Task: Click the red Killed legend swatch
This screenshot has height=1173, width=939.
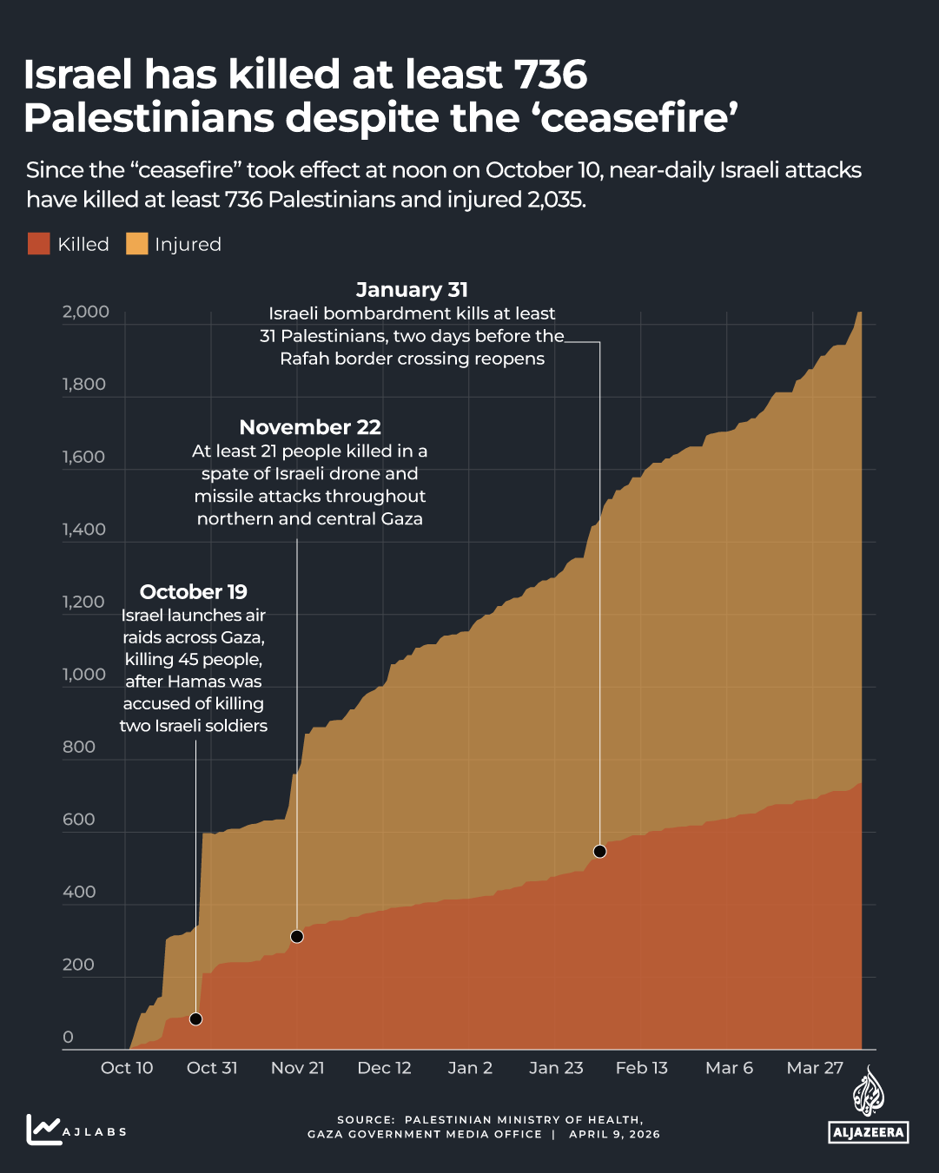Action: click(38, 244)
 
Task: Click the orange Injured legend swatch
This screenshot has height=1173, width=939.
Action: click(136, 244)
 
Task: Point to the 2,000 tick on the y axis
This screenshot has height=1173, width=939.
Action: click(86, 312)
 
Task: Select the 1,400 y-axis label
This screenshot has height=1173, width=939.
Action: click(84, 529)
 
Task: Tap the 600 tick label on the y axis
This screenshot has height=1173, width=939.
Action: click(79, 819)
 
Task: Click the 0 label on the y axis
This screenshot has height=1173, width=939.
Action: click(69, 1037)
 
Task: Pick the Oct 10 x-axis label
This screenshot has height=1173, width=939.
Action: click(127, 1068)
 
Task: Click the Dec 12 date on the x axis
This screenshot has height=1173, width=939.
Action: click(384, 1068)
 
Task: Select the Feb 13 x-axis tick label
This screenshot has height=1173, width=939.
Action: click(642, 1068)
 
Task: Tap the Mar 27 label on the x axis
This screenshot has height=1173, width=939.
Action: click(815, 1068)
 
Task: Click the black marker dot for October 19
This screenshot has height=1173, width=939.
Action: click(195, 1018)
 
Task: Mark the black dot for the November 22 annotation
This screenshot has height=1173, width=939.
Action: click(297, 936)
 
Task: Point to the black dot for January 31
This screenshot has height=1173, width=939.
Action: click(599, 851)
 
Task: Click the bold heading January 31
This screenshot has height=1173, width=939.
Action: click(412, 290)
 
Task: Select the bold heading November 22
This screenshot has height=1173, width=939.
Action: click(310, 427)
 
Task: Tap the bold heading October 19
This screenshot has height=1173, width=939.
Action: click(194, 592)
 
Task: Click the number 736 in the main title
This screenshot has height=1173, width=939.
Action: click(550, 76)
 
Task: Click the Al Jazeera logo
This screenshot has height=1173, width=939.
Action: click(868, 1108)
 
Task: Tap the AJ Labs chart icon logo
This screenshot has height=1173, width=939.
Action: click(43, 1130)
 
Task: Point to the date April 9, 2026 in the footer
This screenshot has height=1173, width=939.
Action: click(614, 1134)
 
